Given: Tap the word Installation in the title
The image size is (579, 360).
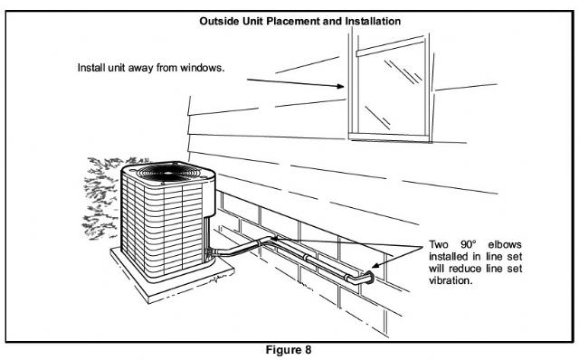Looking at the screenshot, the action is point(373,21).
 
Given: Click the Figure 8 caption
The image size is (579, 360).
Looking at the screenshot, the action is point(289,350).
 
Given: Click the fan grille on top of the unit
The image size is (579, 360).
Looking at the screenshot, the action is point(168,172).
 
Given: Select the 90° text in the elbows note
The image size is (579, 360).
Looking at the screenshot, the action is point(469,244).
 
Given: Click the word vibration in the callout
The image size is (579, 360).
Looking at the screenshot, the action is point(451,280).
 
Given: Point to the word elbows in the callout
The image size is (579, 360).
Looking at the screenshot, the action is point(505,244).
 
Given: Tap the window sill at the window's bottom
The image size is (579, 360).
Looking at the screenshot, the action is point(390,137).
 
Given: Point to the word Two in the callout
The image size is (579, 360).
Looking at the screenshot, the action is point(439,244).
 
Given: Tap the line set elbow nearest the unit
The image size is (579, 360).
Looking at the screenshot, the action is point(267,242).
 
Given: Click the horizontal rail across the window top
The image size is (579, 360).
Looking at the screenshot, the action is point(390,46).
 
